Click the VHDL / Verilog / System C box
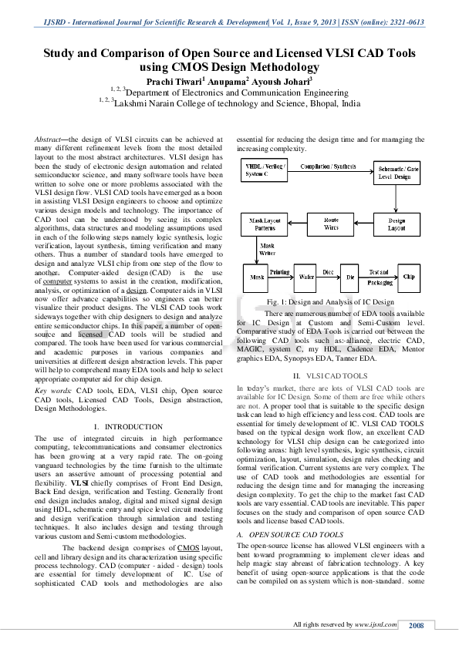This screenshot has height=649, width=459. coord(264,171)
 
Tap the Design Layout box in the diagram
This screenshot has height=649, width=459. coord(396,224)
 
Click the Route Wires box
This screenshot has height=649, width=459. coord(331,224)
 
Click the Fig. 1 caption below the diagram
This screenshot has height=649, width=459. coord(330,301)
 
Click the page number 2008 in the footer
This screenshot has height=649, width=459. coord(417,624)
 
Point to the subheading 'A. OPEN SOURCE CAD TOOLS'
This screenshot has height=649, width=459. coord(289,533)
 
